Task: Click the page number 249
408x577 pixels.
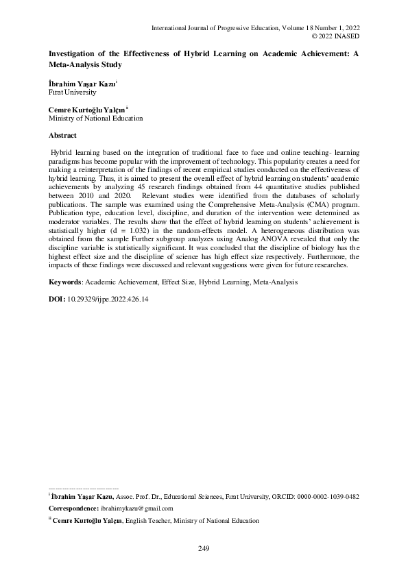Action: tap(203, 548)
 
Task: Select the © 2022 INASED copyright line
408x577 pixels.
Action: tap(336, 36)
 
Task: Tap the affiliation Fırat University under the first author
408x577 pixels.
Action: tap(62, 91)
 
